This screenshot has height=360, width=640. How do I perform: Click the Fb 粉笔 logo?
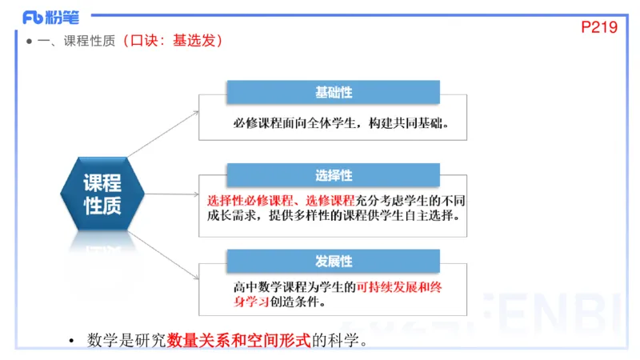[x=45, y=17]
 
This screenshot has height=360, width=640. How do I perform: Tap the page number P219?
[x=599, y=26]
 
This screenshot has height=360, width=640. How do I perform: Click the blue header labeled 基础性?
[x=334, y=93]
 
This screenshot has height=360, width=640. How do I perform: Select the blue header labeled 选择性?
[x=334, y=175]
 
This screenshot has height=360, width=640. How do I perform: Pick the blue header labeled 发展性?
[x=334, y=262]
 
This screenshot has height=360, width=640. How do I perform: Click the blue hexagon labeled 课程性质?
[x=102, y=194]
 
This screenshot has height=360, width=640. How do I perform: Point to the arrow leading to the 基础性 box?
[x=164, y=132]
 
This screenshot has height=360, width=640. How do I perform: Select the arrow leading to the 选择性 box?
[x=172, y=194]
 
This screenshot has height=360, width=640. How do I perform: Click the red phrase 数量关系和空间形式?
[x=238, y=341]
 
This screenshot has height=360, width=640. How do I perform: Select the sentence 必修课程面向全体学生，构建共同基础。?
[x=340, y=124]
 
